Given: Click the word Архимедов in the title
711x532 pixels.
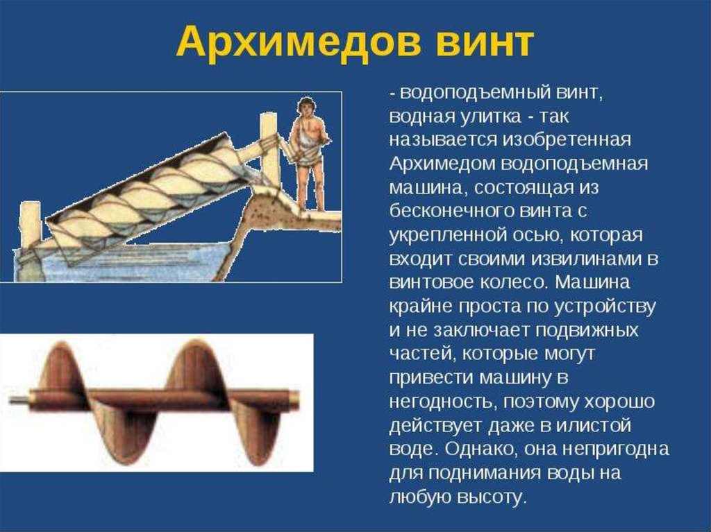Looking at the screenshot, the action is [x=296, y=42].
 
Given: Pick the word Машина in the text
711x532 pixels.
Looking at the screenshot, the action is [x=592, y=282].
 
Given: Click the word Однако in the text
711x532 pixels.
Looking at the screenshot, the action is [x=482, y=449].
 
